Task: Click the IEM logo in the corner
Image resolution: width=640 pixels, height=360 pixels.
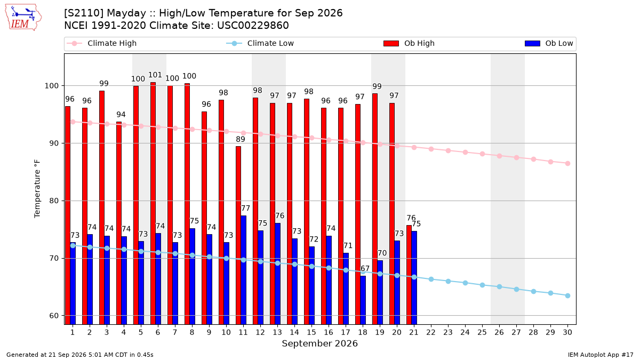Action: [23, 18]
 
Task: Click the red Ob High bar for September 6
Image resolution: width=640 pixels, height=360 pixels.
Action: [153, 203]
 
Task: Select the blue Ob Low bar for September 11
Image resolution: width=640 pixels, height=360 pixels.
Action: [243, 270]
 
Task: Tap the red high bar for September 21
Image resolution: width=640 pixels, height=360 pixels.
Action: [409, 275]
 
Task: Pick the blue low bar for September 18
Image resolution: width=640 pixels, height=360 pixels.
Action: [363, 300]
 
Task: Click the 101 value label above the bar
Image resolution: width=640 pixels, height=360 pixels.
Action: [155, 75]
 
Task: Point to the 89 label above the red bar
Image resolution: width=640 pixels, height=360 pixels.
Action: [241, 139]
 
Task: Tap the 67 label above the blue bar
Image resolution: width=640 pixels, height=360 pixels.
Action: [365, 269]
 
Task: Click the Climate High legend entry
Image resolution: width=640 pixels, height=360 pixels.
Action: [102, 43]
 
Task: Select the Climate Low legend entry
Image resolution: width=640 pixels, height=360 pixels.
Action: [260, 43]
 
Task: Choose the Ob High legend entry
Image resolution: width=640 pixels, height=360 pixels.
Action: [409, 43]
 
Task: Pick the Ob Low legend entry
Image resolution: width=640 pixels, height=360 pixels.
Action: [549, 43]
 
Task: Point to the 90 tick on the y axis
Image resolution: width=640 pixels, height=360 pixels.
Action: [54, 143]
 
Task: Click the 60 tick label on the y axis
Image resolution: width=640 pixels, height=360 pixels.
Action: [54, 316]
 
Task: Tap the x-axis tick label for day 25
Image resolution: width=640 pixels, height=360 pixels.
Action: [482, 332]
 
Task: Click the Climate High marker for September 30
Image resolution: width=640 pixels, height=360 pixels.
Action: [567, 163]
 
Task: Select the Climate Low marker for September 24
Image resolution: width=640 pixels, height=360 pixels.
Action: [465, 283]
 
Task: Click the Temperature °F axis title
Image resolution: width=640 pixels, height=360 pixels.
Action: [37, 189]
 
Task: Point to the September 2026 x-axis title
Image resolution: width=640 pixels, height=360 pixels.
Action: [319, 343]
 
